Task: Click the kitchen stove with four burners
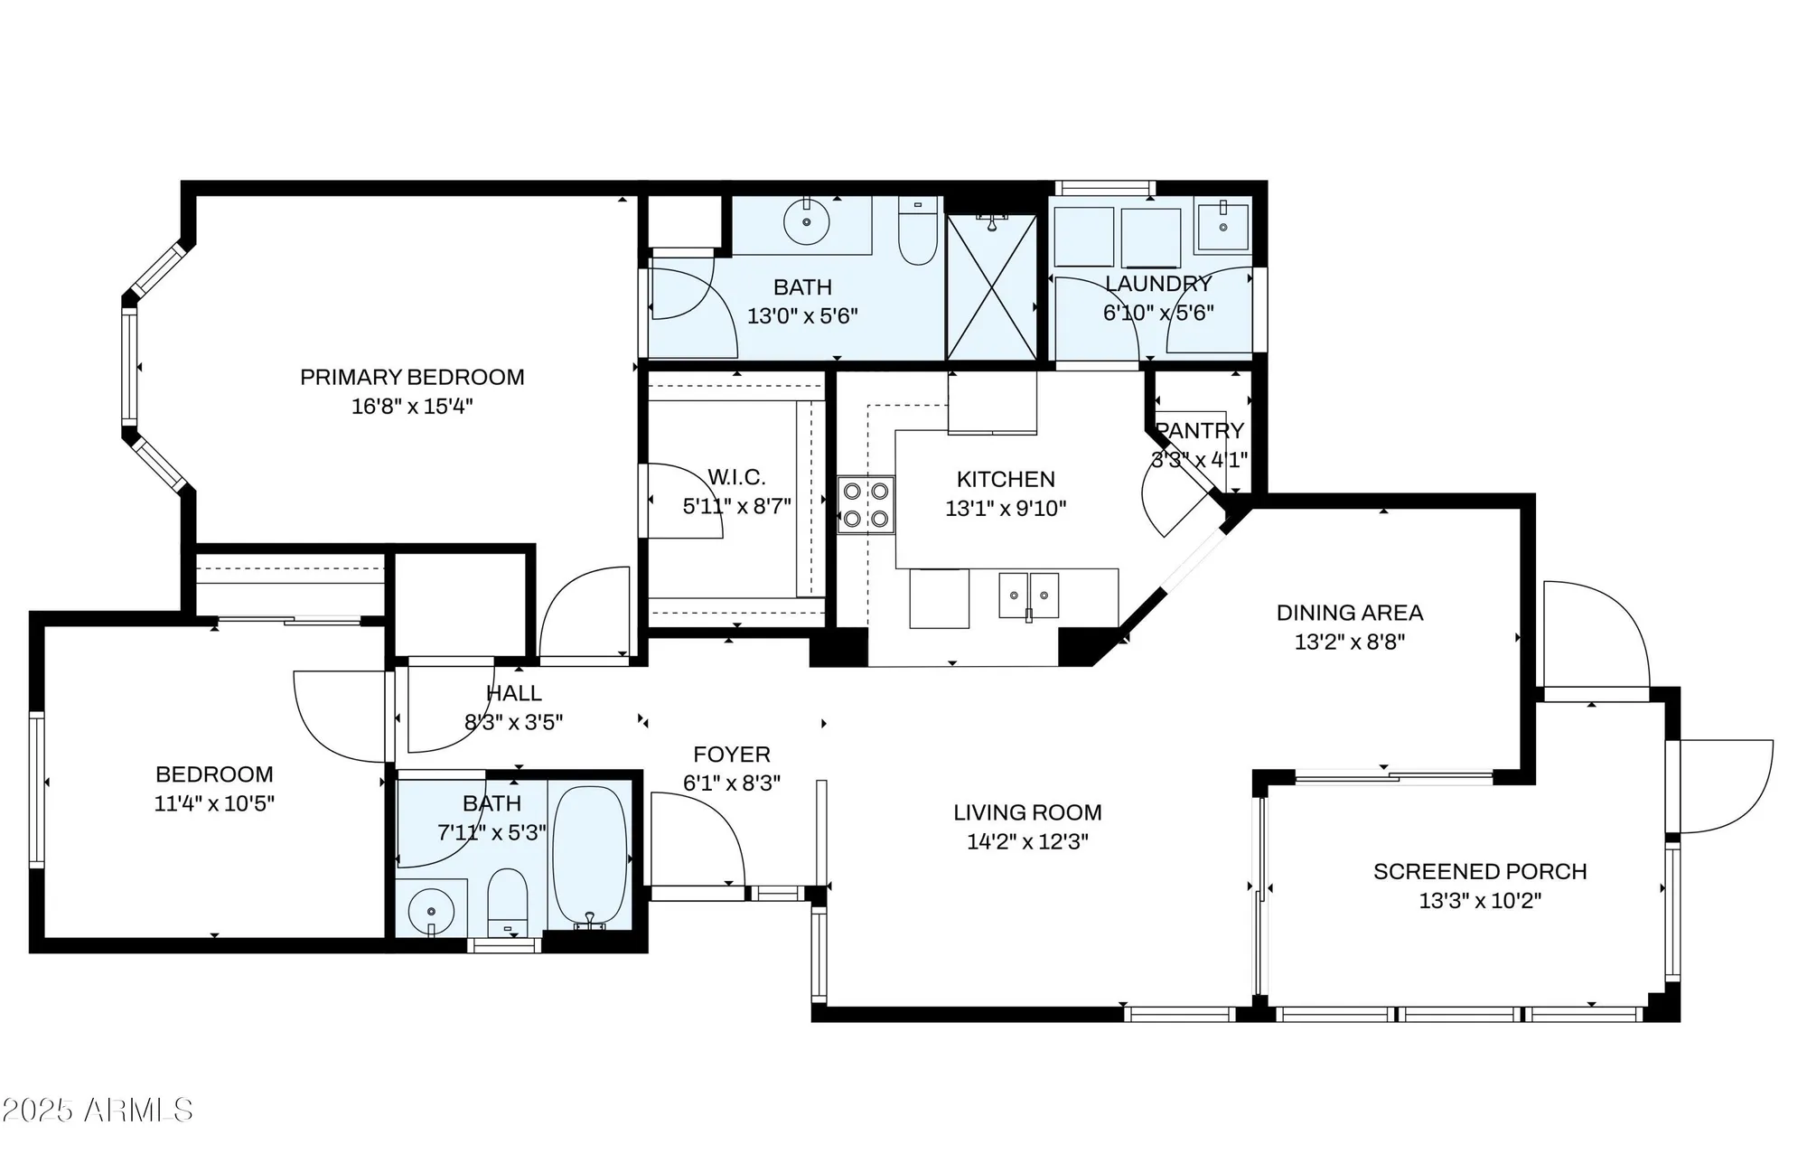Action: tap(866, 505)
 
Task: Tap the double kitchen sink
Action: tap(1028, 596)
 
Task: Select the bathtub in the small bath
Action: tap(589, 854)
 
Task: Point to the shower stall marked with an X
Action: tap(991, 287)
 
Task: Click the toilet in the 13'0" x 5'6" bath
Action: tap(918, 232)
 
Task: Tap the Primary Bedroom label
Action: tap(412, 377)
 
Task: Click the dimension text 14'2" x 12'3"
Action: tap(1027, 842)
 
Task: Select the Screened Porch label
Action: tap(1480, 871)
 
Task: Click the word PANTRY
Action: tap(1200, 430)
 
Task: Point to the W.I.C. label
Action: tap(736, 476)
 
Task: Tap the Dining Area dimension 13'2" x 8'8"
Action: tap(1349, 642)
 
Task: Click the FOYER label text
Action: tap(732, 754)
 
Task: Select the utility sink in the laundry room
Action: tap(1222, 226)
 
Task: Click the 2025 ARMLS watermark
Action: tap(98, 1110)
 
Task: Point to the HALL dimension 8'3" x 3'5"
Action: tap(513, 722)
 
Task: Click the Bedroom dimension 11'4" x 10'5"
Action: tap(214, 803)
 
